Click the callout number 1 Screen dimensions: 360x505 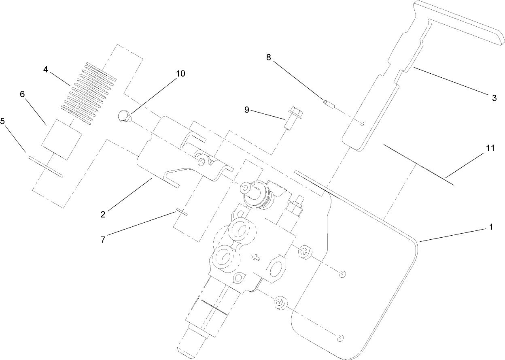click(491, 228)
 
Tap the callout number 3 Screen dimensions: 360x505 click(494, 98)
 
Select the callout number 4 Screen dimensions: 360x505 click(46, 69)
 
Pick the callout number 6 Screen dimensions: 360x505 click(22, 94)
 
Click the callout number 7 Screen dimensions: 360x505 click(103, 239)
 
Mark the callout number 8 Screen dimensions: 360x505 click(268, 57)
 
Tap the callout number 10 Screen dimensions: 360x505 click(180, 73)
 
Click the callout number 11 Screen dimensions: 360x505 click(490, 148)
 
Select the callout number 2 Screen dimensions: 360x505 click(103, 214)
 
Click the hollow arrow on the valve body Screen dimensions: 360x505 click(255, 257)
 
